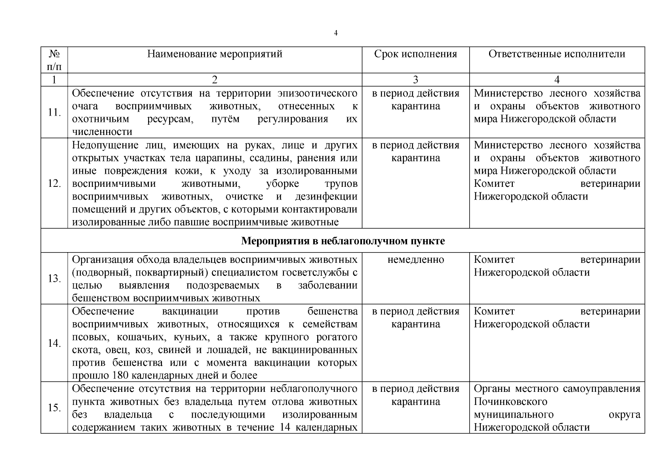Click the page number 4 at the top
pyautogui.click(x=336, y=33)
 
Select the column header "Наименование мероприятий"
pyautogui.click(x=215, y=54)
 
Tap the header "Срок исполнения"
pyautogui.click(x=415, y=54)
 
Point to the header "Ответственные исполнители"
pyautogui.click(x=557, y=54)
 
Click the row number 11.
pyautogui.click(x=54, y=112)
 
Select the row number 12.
pyautogui.click(x=54, y=184)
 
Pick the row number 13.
pyautogui.click(x=54, y=279)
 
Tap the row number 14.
pyautogui.click(x=54, y=343)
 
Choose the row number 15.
pyautogui.click(x=54, y=408)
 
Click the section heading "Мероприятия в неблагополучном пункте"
pyautogui.click(x=343, y=241)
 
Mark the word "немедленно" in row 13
pyautogui.click(x=415, y=260)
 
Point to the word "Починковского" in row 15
pyautogui.click(x=510, y=402)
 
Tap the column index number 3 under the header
pyautogui.click(x=415, y=80)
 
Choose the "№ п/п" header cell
pyautogui.click(x=54, y=60)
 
